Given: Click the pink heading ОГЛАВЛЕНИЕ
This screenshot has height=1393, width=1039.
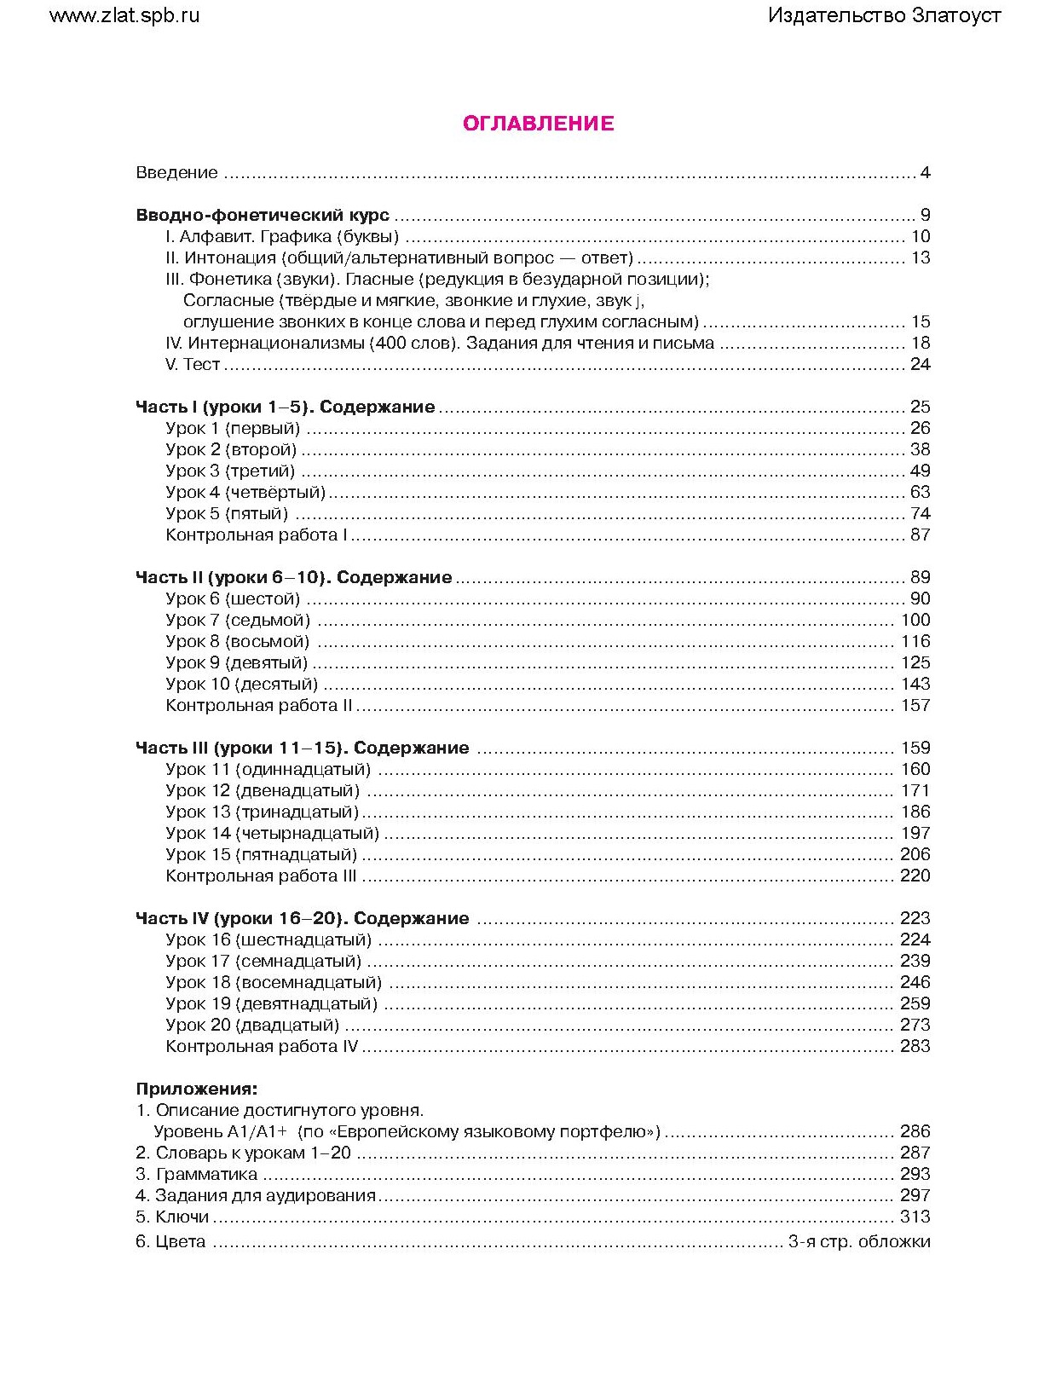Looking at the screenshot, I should click(538, 124).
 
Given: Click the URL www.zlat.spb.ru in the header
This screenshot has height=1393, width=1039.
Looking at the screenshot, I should click(124, 15).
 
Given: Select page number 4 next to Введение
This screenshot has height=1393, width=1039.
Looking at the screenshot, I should click(925, 173).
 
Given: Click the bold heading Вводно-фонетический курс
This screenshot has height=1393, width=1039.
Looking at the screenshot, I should click(263, 216).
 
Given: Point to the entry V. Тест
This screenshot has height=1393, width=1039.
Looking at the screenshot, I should click(193, 365).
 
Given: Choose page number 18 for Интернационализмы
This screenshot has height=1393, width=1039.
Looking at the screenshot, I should click(920, 344).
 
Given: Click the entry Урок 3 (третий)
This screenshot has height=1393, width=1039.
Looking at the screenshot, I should click(230, 471).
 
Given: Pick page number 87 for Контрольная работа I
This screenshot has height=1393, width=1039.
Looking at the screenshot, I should click(920, 535).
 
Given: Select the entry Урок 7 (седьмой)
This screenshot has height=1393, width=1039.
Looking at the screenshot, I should click(238, 621).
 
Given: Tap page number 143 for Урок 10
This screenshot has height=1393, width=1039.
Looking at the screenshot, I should click(915, 685).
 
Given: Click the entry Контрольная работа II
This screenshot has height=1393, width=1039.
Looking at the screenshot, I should click(259, 706).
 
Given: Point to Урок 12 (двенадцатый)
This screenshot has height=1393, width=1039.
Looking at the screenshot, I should click(263, 791).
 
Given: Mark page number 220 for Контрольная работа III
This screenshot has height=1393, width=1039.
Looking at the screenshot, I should click(915, 876).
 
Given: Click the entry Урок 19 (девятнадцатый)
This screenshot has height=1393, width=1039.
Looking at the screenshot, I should click(271, 1004).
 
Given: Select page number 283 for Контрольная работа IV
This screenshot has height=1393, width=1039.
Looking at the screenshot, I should click(915, 1047).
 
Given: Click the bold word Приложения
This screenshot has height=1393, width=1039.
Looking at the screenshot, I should click(196, 1090).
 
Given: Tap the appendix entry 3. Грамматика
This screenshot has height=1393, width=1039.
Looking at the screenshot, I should click(185, 1175).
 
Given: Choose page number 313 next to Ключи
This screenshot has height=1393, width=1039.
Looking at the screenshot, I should click(915, 1217).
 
